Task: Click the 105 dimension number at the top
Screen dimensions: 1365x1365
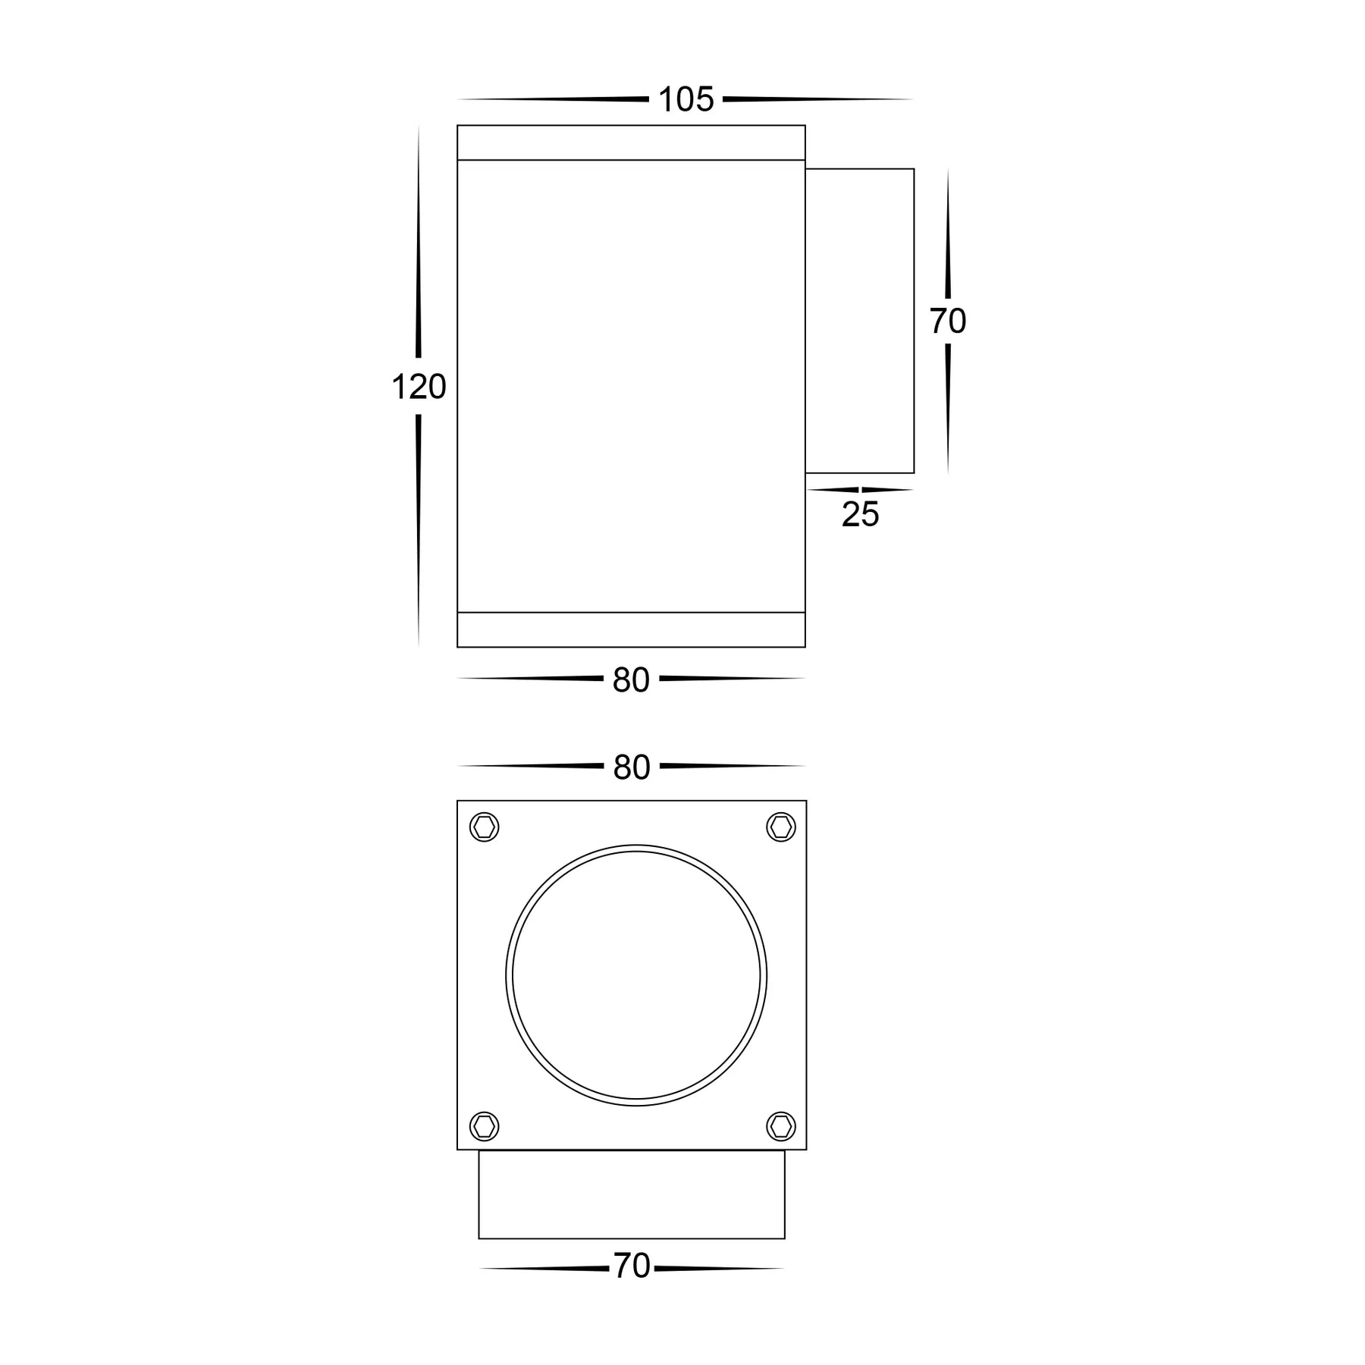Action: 686,100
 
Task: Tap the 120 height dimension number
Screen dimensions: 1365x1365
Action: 419,388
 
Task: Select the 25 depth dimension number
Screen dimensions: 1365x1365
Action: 860,515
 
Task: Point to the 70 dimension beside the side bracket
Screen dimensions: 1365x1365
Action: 947,322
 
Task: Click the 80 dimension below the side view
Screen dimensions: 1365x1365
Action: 631,680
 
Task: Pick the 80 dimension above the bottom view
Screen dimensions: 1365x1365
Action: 632,767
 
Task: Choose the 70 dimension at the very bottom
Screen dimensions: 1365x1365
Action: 632,1266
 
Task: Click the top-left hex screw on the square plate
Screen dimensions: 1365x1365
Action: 484,827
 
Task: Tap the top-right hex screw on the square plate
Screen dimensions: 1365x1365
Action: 780,827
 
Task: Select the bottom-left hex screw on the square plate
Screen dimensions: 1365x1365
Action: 484,1126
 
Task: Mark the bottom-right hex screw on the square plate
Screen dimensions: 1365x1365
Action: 780,1126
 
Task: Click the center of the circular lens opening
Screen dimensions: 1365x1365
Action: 636,975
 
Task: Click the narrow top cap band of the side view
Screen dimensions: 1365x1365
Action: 631,143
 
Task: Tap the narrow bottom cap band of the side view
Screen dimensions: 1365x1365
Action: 631,629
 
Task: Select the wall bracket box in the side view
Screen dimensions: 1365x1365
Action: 859,321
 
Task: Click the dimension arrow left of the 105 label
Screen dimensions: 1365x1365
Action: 554,99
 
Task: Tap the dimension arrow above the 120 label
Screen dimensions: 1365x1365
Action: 418,243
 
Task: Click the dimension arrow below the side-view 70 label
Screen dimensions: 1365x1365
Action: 948,409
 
